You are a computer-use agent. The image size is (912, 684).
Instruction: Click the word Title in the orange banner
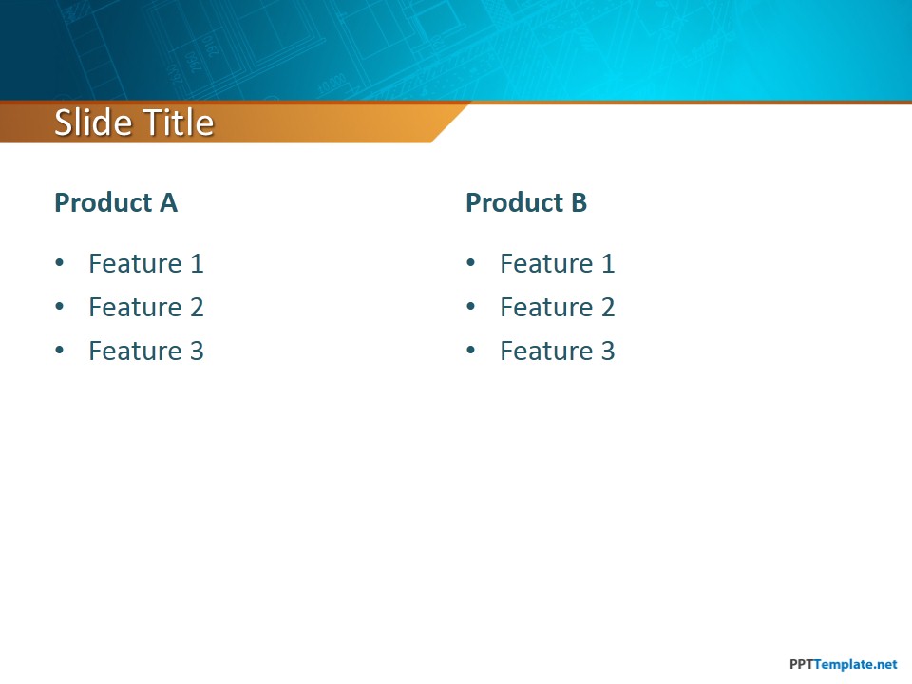point(179,123)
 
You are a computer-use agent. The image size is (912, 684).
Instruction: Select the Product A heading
point(116,202)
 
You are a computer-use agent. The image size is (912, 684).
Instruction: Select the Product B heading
point(526,202)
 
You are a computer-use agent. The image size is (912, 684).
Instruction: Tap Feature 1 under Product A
point(146,263)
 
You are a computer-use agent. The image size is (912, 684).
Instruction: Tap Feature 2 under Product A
point(146,307)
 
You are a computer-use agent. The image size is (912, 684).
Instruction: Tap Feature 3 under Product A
point(146,351)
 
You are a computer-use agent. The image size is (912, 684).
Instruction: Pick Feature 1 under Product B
point(558,263)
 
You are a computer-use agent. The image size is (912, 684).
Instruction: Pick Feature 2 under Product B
point(558,307)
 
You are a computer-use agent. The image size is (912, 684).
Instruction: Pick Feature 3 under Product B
point(558,351)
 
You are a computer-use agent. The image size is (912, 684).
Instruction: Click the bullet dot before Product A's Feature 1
point(59,263)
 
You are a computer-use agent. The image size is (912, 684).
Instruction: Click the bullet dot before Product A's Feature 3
point(59,351)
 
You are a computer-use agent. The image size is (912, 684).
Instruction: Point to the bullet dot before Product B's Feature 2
point(470,307)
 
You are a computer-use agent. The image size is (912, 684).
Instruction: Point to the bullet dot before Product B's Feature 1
point(470,263)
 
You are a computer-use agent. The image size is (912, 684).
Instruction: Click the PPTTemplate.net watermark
point(844,664)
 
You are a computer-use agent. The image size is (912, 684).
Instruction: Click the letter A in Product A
point(168,202)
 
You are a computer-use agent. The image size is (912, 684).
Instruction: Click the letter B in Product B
point(579,202)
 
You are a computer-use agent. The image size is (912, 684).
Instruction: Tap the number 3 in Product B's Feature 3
point(608,351)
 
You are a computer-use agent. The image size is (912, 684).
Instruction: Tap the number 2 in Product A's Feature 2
point(197,307)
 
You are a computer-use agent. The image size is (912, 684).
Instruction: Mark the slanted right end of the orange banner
point(450,123)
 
